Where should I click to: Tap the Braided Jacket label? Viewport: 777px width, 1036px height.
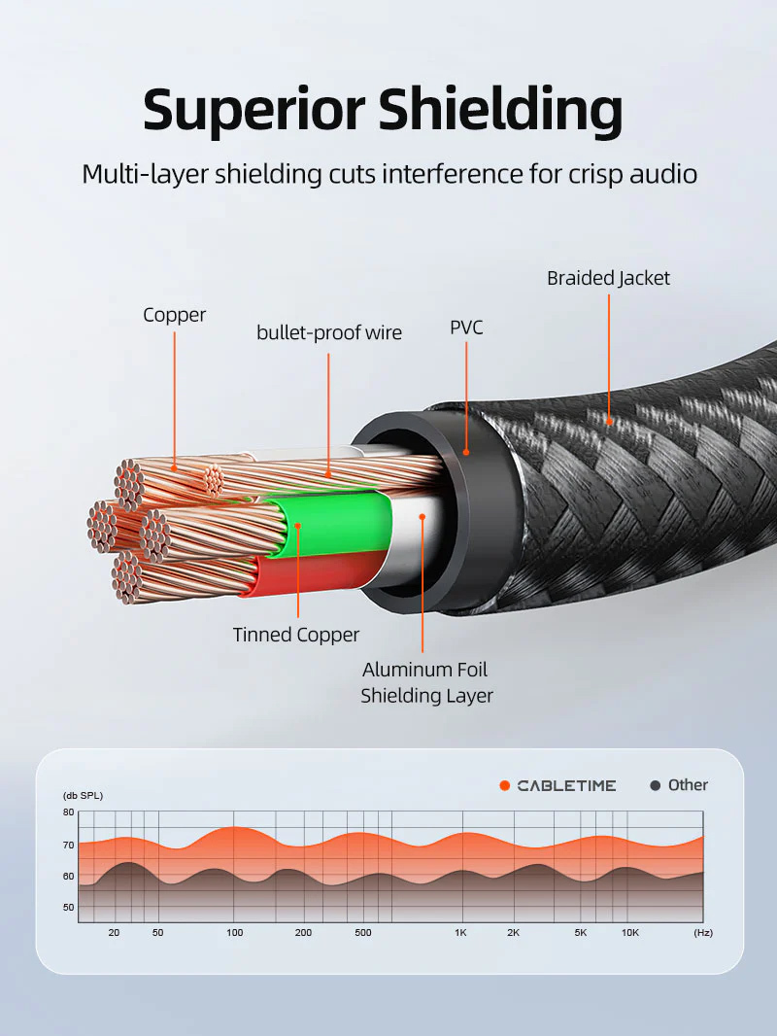click(608, 278)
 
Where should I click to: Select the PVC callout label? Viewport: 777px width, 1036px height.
click(466, 328)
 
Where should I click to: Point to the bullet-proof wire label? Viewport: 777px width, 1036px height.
click(329, 332)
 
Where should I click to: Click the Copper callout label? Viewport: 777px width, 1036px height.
click(175, 315)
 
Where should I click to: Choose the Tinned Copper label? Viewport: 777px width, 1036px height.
click(296, 635)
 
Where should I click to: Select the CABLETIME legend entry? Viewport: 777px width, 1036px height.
click(565, 785)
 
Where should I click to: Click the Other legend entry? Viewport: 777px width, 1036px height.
click(687, 785)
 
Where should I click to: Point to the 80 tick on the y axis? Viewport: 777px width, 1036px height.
click(68, 812)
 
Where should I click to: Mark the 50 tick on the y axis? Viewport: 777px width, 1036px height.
click(68, 908)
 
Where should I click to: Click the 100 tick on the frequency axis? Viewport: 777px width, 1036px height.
click(234, 933)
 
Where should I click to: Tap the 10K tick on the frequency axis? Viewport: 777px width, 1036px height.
click(629, 933)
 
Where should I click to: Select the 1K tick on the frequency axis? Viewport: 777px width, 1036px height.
click(460, 933)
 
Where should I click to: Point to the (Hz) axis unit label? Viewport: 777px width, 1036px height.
click(703, 933)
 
